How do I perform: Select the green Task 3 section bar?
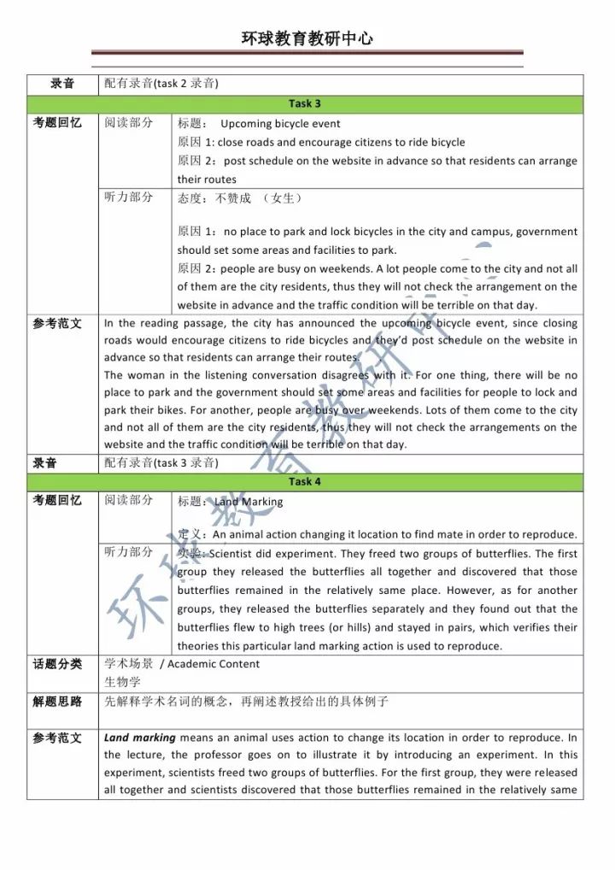(x=305, y=104)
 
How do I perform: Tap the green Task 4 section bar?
(x=305, y=482)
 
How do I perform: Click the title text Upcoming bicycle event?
(x=280, y=124)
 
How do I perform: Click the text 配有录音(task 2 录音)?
(x=161, y=84)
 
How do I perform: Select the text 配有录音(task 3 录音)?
(x=161, y=463)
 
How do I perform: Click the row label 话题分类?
(x=57, y=664)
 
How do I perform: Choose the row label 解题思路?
(x=57, y=702)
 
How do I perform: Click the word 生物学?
(x=123, y=682)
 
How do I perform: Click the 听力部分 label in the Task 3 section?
(x=129, y=197)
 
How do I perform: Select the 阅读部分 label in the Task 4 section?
(x=129, y=502)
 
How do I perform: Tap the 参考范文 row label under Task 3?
(x=57, y=324)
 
